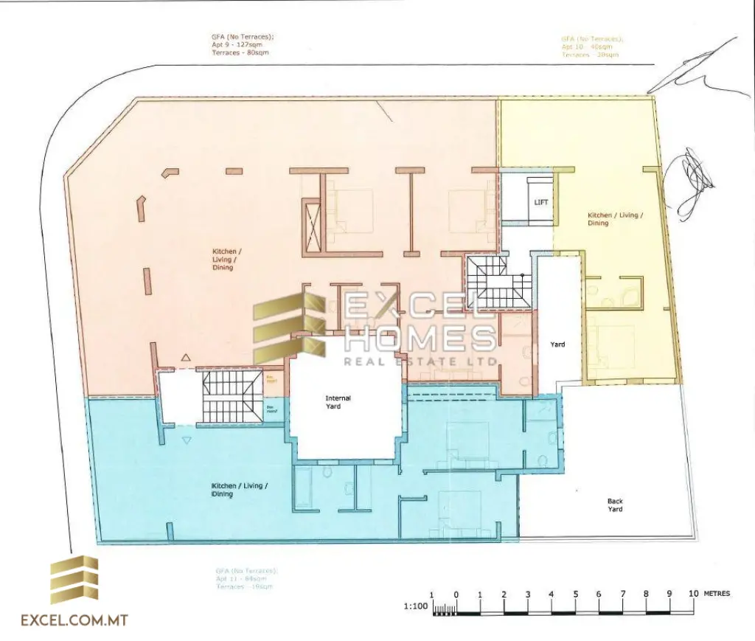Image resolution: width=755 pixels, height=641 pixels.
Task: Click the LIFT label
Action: coord(540,202)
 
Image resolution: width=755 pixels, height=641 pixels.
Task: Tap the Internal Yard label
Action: coord(338,402)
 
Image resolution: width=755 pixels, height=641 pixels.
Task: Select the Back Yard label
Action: coord(615,505)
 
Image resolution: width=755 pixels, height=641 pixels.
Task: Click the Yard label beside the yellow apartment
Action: coord(557,344)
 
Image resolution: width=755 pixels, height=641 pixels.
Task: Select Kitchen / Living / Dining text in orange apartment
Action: coord(223,260)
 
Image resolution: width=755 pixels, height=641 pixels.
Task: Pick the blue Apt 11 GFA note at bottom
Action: coord(245,579)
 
